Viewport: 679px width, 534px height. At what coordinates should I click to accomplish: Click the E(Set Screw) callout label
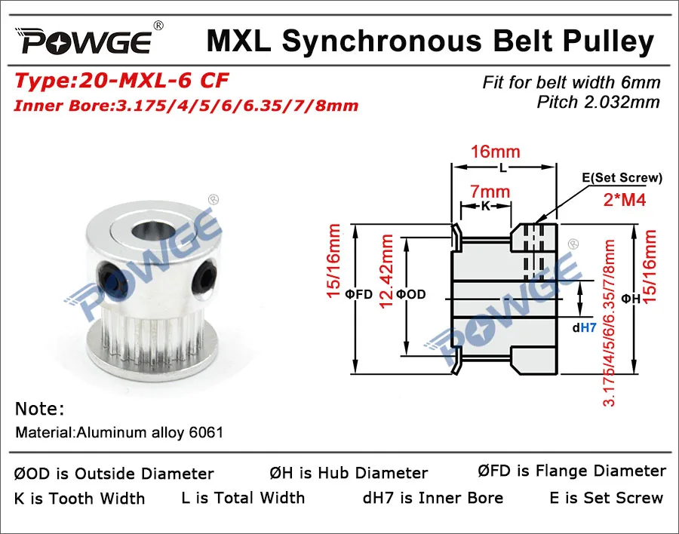[x=622, y=178]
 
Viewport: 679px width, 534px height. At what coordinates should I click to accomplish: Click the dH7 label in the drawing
[x=585, y=328]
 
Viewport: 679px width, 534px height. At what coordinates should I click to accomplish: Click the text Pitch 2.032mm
[x=598, y=102]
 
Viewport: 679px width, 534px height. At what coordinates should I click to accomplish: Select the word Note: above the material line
[x=39, y=409]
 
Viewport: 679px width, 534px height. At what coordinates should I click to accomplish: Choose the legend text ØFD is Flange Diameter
[x=571, y=471]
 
